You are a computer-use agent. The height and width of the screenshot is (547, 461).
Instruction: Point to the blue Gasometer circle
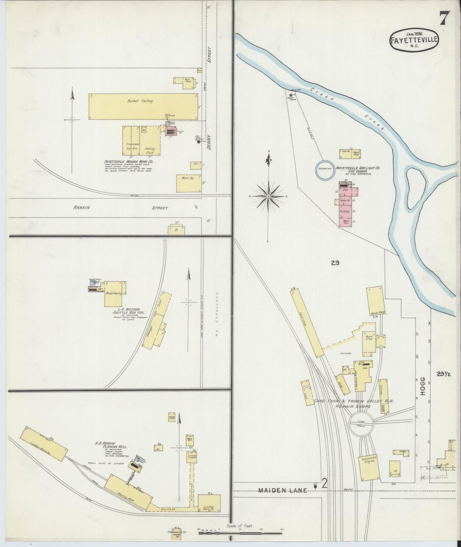325,169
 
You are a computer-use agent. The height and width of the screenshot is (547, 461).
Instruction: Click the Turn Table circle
362,424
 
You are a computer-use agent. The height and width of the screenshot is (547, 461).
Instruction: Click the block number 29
335,263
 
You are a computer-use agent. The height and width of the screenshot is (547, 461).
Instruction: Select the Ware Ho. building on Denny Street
189,183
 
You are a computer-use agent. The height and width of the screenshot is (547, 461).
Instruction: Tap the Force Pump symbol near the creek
291,95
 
